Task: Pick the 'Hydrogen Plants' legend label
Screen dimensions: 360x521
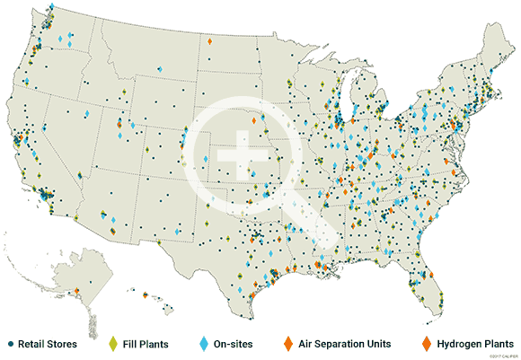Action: (x=470, y=344)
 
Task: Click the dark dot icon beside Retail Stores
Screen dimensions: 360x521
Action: (x=10, y=344)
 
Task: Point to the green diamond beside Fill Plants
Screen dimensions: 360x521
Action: (x=113, y=344)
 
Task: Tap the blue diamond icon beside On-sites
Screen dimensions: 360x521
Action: (x=204, y=344)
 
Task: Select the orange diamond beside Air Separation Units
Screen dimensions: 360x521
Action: (x=287, y=344)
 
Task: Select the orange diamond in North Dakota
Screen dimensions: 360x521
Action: (x=210, y=40)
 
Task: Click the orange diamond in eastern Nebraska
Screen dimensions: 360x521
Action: (x=254, y=120)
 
